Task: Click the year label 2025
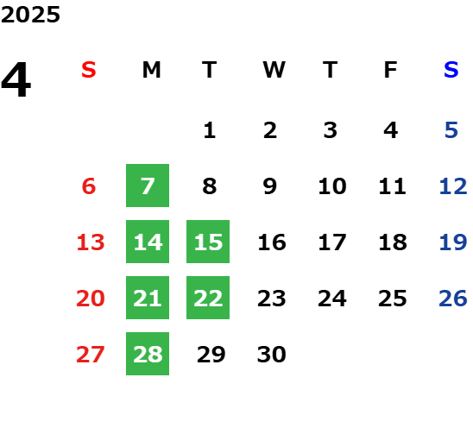point(30,15)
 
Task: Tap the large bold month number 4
point(16,79)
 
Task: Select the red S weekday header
point(89,70)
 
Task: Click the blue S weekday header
point(451,70)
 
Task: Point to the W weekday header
point(274,70)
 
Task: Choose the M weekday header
point(151,70)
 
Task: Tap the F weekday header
point(391,70)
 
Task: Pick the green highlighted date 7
point(148,186)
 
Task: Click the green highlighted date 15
point(208,242)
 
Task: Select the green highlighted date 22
point(208,298)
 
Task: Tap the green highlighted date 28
point(148,354)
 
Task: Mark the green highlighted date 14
point(148,242)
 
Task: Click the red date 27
point(91,354)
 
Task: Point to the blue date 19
point(453,242)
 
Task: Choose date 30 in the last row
point(272,354)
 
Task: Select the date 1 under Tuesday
point(210,130)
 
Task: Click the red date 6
point(89,186)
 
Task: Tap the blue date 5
point(451,130)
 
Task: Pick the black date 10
point(332,186)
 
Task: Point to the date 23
point(272,298)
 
